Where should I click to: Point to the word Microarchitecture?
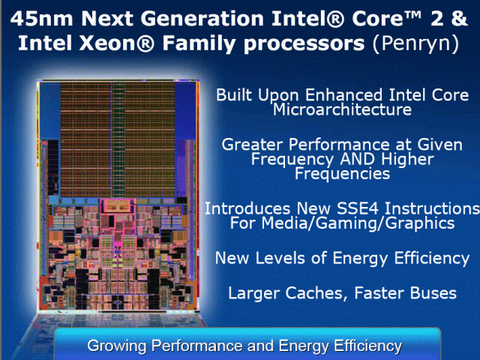click(342, 109)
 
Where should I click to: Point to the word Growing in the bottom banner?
click(116, 346)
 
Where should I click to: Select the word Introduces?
click(244, 208)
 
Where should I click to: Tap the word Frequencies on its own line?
click(342, 173)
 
